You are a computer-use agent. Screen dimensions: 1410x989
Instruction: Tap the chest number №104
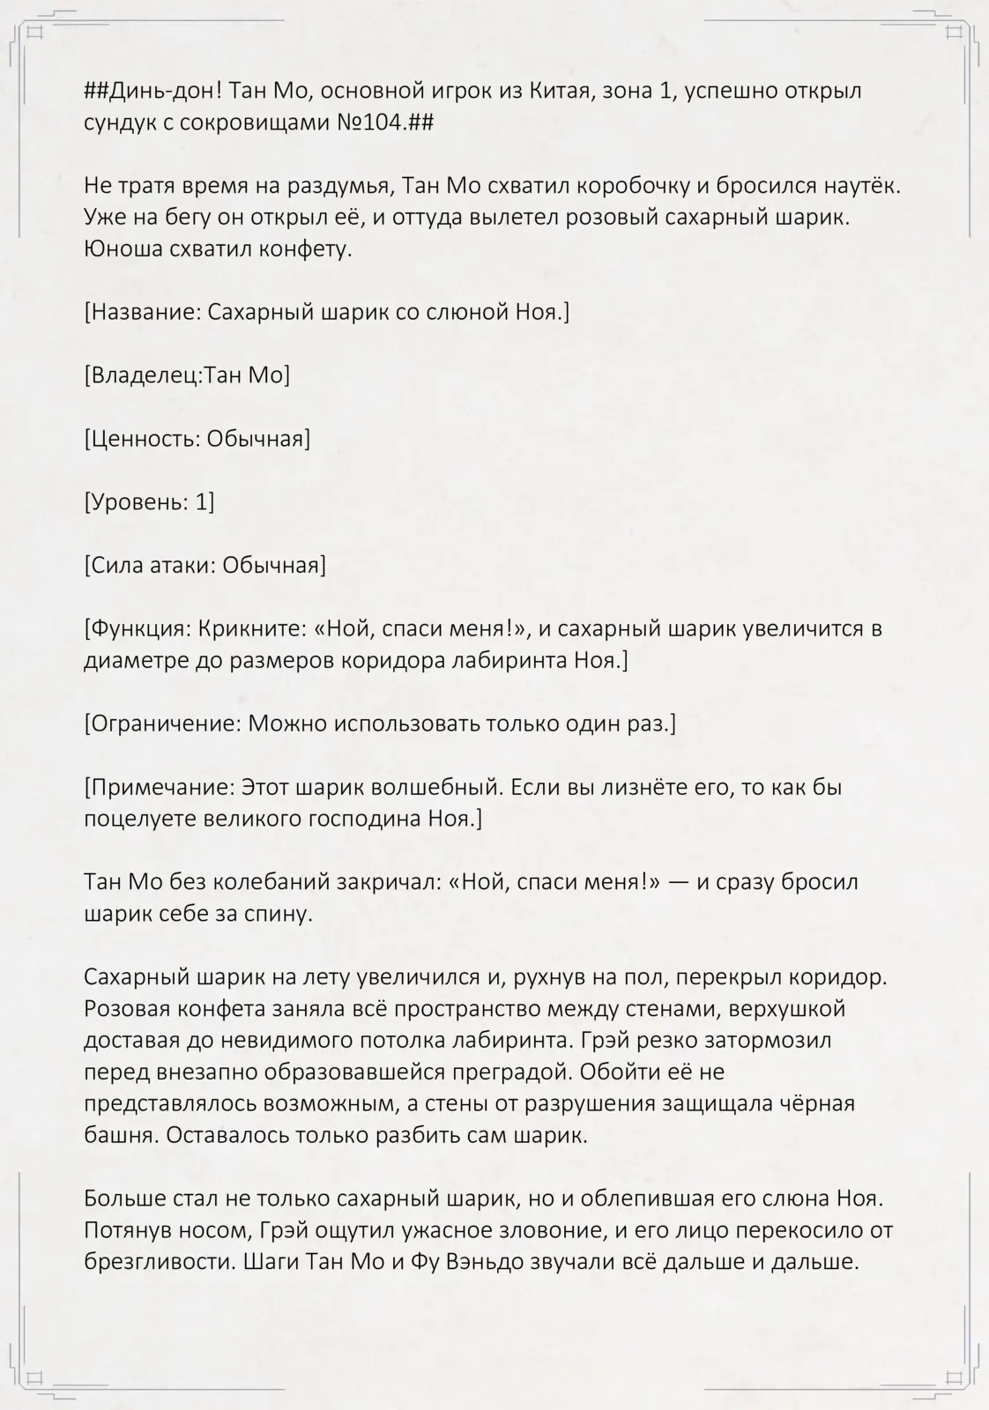pyautogui.click(x=370, y=122)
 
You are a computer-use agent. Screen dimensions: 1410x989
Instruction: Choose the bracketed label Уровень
pyautogui.click(x=137, y=503)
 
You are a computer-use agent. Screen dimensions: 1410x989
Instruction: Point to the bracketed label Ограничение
pyautogui.click(x=163, y=724)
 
